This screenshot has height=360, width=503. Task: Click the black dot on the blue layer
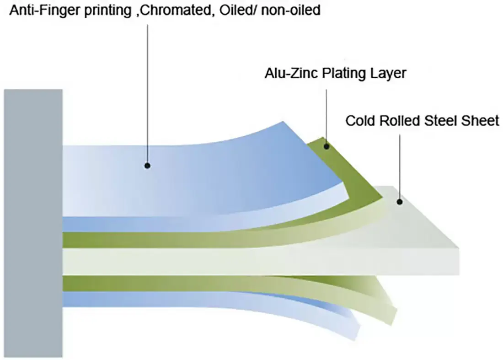147,165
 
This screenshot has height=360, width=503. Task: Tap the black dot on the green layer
326,146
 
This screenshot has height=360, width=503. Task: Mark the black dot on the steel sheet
400,201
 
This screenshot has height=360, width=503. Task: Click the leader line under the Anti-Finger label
147,91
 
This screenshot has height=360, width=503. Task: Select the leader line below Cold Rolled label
400,165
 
